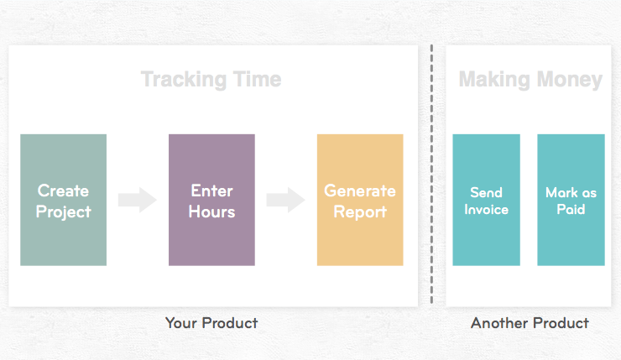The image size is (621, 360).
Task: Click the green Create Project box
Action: point(63,200)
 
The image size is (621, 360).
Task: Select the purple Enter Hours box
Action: point(211,200)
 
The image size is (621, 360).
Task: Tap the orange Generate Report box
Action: point(360,200)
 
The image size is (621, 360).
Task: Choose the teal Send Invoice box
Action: point(486,200)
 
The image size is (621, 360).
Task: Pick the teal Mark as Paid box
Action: point(571,200)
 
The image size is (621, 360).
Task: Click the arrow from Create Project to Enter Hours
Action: point(138,200)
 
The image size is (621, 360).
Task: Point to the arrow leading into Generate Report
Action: point(285,200)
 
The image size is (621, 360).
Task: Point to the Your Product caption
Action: point(211,323)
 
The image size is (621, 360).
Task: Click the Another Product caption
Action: point(530,323)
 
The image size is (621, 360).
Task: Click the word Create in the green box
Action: point(63,190)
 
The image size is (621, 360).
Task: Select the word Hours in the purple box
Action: point(211,211)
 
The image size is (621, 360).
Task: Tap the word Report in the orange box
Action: point(360,211)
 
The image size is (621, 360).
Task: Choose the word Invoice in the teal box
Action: point(487,209)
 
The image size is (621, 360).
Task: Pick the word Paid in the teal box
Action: point(571,209)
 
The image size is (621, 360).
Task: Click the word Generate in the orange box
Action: point(360,190)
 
